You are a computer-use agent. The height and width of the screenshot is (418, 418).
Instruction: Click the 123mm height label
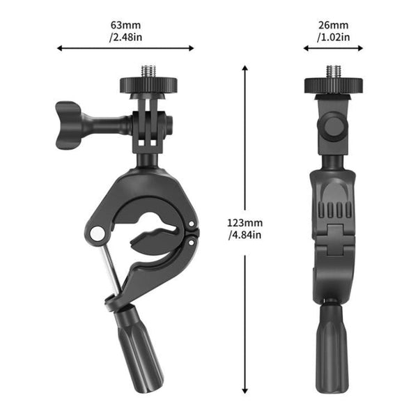tap(244, 223)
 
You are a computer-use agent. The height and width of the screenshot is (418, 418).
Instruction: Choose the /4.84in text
tap(244, 235)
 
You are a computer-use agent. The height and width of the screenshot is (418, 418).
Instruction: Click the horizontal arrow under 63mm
tap(125, 49)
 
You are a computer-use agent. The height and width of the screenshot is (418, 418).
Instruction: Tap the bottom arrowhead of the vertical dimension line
tap(245, 392)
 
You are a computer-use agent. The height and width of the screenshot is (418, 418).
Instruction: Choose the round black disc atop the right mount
tap(332, 85)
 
